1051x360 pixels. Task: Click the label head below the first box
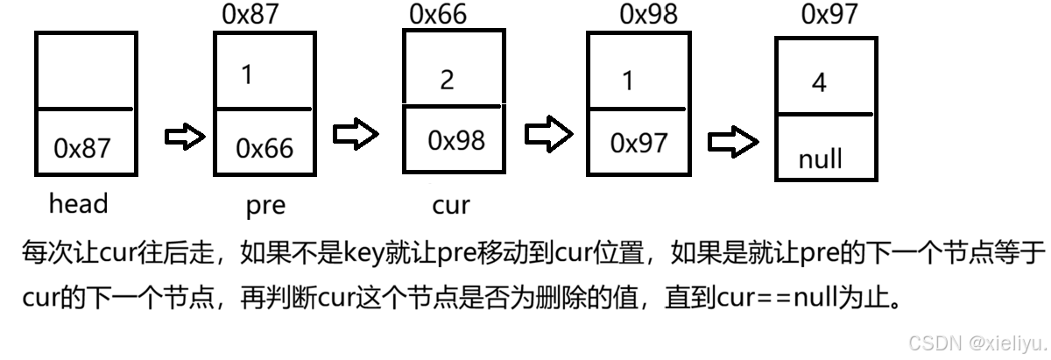[78, 204]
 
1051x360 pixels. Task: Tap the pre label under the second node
[265, 206]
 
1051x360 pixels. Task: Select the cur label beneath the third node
[451, 205]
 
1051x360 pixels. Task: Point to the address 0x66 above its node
[438, 14]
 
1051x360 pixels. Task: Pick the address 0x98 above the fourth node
[649, 14]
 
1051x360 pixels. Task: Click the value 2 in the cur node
[447, 81]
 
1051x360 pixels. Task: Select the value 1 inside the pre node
[247, 75]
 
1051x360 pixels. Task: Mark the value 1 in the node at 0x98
[625, 80]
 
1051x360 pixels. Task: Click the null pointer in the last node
[821, 159]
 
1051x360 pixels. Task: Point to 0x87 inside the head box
[82, 148]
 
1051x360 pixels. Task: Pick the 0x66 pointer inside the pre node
[265, 148]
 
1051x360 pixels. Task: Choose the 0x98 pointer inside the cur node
[456, 140]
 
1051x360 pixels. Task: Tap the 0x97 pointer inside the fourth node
[639, 143]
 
